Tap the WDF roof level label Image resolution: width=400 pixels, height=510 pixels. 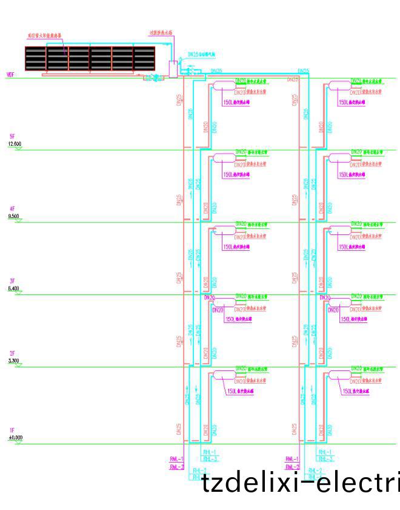(10, 75)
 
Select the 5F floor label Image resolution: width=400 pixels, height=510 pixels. (12, 137)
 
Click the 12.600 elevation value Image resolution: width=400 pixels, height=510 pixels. (15, 143)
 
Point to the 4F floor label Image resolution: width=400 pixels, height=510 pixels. (12, 209)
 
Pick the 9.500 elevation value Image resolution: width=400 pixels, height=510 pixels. (13, 216)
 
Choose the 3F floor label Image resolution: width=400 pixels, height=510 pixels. (12, 282)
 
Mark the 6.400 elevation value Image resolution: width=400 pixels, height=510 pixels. (13, 288)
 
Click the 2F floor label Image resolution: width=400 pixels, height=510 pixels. (12, 354)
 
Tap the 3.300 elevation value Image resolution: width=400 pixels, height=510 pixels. (13, 361)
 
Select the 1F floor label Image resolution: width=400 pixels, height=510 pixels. (12, 430)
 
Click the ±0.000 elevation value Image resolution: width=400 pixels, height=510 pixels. (15, 437)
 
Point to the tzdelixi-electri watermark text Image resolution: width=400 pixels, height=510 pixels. (300, 484)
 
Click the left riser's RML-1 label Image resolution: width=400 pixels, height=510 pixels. (177, 458)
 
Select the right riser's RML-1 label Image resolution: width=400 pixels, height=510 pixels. (293, 458)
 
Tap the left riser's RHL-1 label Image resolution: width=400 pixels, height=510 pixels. (210, 452)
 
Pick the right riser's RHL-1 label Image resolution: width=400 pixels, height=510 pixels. (325, 452)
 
